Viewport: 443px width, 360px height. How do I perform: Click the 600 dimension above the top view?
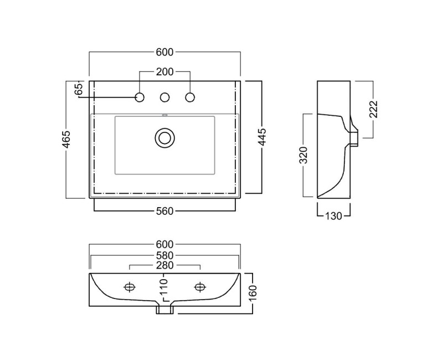click(x=164, y=52)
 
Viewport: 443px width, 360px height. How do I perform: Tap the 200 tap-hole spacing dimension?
click(x=164, y=71)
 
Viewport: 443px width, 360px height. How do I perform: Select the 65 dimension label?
click(x=79, y=87)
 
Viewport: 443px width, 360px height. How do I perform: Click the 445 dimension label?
click(x=262, y=137)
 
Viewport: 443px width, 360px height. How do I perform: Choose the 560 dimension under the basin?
click(x=164, y=210)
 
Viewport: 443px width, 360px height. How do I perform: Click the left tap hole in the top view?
click(x=140, y=97)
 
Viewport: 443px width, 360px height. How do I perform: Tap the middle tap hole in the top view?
click(x=164, y=97)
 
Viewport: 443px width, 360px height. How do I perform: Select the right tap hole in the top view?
click(x=190, y=97)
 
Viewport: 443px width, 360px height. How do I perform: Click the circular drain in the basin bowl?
click(x=164, y=136)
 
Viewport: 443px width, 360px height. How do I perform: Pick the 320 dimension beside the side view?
click(x=303, y=156)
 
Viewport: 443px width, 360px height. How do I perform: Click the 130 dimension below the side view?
click(x=333, y=215)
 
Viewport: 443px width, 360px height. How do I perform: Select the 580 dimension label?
click(x=164, y=255)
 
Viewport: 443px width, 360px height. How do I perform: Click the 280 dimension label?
click(x=164, y=265)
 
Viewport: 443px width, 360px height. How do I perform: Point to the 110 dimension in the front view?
click(x=164, y=287)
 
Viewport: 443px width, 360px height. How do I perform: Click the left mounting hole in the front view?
click(x=130, y=286)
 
